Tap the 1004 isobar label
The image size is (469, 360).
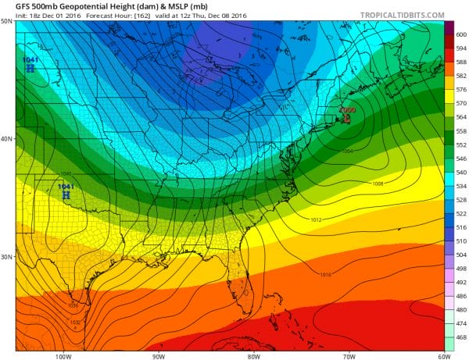coord(347,151)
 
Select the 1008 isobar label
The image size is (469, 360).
coord(378,184)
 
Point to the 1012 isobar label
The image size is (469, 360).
coord(317,220)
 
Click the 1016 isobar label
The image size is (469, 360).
coord(326,273)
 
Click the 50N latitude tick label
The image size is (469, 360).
coord(6,21)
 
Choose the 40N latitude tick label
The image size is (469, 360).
coord(6,139)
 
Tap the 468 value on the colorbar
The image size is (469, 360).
coord(460,337)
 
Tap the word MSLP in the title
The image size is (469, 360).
coord(157,5)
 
